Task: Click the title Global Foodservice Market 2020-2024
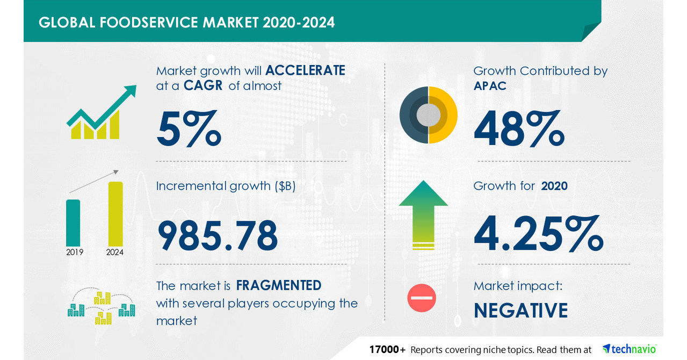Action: [x=186, y=22]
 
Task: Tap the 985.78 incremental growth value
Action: [x=218, y=235]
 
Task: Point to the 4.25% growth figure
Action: [x=538, y=234]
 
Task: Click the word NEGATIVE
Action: [x=520, y=311]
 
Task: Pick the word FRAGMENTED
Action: [x=279, y=285]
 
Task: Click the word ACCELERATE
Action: [x=305, y=70]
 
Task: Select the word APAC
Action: [x=490, y=86]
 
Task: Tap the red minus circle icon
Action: [x=422, y=298]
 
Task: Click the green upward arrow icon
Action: [x=423, y=214]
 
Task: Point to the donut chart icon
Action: [x=428, y=114]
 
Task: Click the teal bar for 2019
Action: [x=73, y=222]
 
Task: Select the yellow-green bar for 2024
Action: [x=115, y=214]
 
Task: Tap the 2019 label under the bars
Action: [x=75, y=252]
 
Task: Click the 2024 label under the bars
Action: [x=115, y=252]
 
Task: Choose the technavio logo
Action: [x=630, y=349]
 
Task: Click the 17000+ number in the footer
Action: [x=387, y=349]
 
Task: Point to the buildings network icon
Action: [x=101, y=307]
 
